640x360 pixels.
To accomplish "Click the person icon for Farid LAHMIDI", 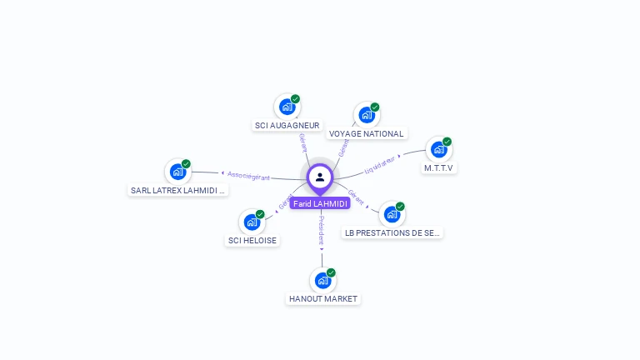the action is (320, 177).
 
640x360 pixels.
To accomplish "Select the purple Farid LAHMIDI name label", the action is (320, 203).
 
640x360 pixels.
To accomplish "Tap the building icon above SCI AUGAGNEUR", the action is (287, 107).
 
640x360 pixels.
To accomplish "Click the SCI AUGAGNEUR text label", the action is (287, 125).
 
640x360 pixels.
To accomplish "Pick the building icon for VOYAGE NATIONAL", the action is (366, 115).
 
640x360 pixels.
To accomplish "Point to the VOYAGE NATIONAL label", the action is (366, 133).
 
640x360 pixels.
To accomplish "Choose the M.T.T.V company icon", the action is (438, 150).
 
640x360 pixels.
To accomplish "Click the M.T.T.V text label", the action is (438, 167).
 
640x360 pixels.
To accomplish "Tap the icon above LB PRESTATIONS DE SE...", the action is (392, 215).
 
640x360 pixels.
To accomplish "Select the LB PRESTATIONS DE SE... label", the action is (392, 233).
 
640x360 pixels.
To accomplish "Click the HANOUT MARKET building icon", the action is (322, 281).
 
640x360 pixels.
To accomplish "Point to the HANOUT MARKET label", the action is (322, 298).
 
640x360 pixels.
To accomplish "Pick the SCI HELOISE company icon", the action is (252, 222).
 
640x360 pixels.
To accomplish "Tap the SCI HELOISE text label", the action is (252, 240).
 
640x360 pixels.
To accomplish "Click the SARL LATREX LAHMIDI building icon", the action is (177, 172).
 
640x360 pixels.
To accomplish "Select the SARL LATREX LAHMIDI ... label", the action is (178, 190).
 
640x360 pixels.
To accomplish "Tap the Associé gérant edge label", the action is (248, 176).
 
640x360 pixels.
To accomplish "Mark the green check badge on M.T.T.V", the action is (447, 142).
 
